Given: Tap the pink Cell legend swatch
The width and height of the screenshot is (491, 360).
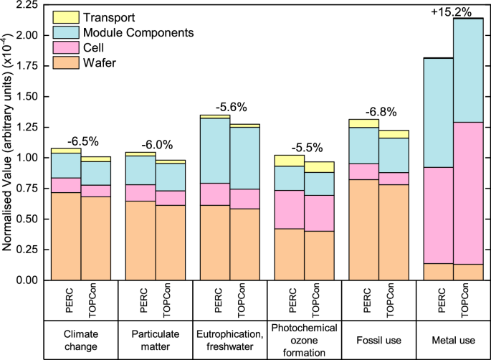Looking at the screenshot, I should point(66,49).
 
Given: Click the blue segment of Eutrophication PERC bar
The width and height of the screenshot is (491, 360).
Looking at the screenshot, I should point(214,151).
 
